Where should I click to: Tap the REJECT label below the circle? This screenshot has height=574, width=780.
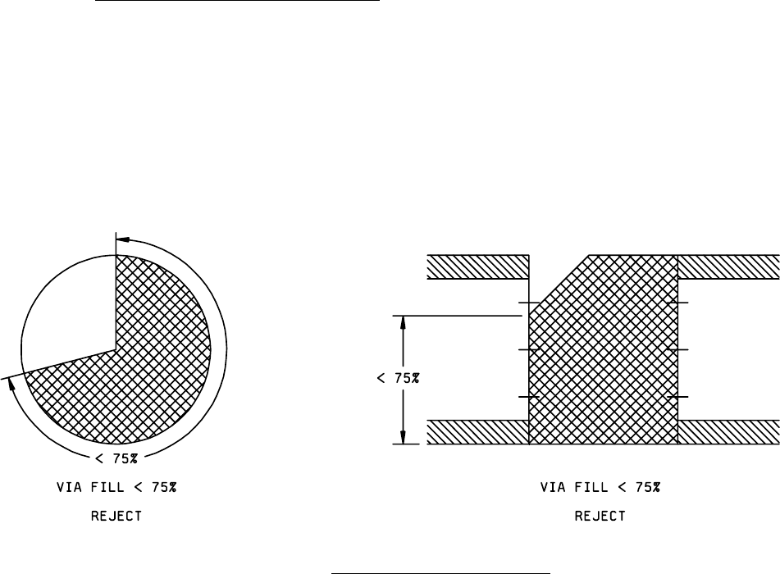coord(116,516)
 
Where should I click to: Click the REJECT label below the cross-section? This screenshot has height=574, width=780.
coord(600,516)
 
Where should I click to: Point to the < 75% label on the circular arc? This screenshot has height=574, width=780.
coord(116,458)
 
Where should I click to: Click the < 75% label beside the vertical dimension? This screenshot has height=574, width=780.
coord(398,378)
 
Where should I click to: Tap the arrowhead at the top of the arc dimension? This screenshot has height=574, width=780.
coord(123,239)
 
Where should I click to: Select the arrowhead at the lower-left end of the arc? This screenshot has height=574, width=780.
coord(12,385)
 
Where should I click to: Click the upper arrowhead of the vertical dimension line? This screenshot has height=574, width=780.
coord(403,322)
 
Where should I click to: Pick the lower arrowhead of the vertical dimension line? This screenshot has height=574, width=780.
coord(403,437)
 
